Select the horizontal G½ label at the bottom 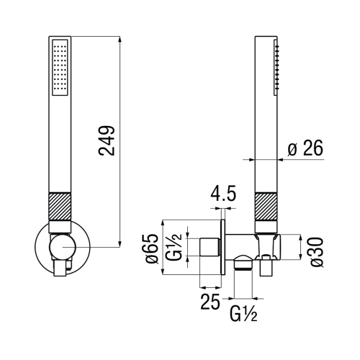[x=245, y=315]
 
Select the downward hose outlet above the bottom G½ [x=245, y=270]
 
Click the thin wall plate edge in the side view [x=225, y=248]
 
